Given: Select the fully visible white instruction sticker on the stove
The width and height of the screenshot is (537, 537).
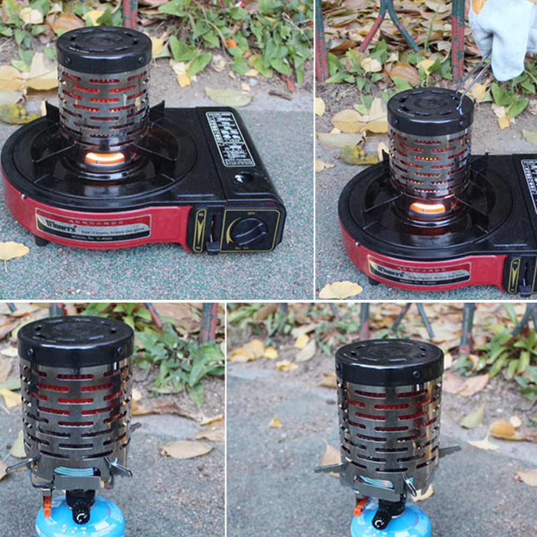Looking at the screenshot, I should tap(230, 138).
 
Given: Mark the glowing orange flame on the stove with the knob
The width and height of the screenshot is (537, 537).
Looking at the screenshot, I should tap(105, 158).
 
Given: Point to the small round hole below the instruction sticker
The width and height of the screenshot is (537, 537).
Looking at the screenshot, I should tap(243, 177).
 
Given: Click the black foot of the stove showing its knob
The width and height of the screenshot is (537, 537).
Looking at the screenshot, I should tap(40, 240).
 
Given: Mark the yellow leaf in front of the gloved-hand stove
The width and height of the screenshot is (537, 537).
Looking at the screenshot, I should tap(341, 290).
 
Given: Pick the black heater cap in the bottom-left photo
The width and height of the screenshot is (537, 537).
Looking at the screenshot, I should tap(76, 341).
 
